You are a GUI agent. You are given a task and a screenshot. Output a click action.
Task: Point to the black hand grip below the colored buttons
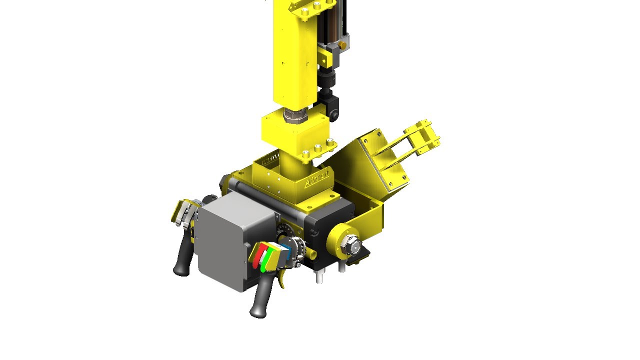tap(260, 300)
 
